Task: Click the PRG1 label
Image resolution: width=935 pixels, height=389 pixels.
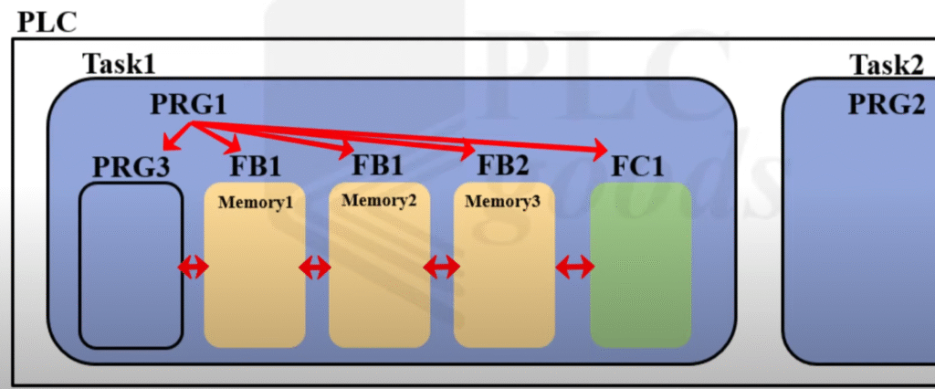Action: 187,105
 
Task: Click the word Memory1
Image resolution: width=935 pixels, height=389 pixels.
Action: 255,202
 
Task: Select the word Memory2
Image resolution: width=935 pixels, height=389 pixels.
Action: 379,200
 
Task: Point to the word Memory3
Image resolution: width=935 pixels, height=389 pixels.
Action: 503,200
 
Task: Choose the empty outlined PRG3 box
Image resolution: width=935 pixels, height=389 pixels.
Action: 131,265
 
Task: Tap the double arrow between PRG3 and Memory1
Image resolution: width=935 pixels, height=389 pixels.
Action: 193,267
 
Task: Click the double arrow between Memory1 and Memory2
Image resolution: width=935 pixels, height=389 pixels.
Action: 315,267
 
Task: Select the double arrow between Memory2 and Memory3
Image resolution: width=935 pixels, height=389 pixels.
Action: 440,267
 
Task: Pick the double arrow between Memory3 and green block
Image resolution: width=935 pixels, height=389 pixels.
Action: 575,267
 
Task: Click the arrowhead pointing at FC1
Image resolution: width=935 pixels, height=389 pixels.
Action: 600,149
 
